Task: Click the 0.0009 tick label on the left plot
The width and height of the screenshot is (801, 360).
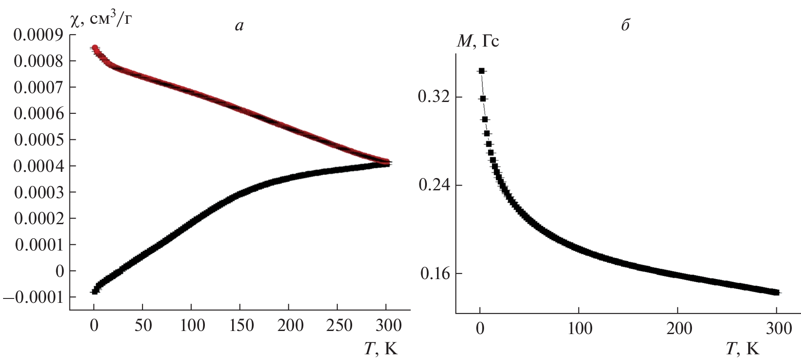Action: point(38,35)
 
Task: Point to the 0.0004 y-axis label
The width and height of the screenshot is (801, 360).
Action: point(38,166)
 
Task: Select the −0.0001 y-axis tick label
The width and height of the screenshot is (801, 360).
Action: point(33,297)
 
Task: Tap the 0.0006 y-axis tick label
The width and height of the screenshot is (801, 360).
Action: point(38,113)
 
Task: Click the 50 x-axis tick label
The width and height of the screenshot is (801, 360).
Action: point(142,326)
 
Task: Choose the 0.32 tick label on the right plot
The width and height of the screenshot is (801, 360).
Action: point(434,97)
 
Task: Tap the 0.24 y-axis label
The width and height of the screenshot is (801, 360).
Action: point(434,185)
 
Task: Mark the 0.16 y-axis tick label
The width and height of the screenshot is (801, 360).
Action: point(435,274)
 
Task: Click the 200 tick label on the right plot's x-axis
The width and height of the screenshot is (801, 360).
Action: point(678,328)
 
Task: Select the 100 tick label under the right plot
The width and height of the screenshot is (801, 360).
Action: point(579,328)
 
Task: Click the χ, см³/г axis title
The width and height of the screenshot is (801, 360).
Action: point(101,19)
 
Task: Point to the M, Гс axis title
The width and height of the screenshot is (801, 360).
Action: point(477,41)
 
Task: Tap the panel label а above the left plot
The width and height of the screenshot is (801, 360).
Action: point(239,26)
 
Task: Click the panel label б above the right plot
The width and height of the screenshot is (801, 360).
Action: point(625,25)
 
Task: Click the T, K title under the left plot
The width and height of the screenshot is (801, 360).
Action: point(381,349)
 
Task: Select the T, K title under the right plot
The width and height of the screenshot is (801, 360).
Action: point(743,349)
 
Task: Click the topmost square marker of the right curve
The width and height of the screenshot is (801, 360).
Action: point(481,71)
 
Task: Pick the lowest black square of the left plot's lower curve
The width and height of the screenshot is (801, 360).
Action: point(94,291)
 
